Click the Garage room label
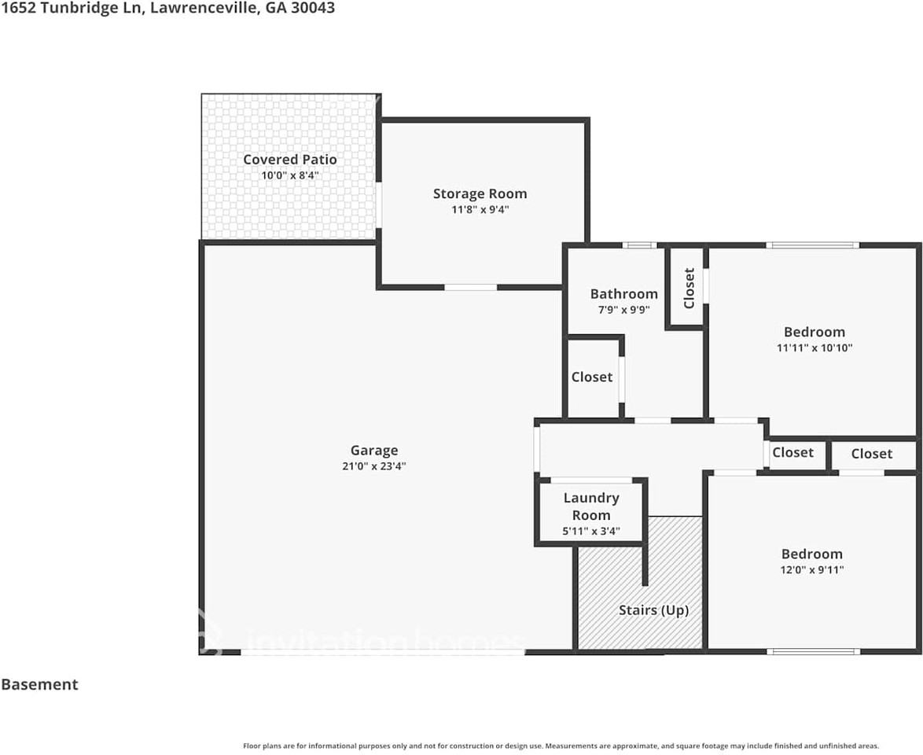tap(374, 451)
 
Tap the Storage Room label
tap(480, 193)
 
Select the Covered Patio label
tap(290, 160)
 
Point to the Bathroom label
tap(624, 294)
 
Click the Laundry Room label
tap(591, 506)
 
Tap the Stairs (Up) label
tap(653, 610)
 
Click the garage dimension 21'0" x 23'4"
tap(374, 466)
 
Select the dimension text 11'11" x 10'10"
tap(815, 348)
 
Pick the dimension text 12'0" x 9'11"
tap(812, 570)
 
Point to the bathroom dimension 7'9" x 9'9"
tap(624, 310)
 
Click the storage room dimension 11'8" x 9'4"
tap(480, 210)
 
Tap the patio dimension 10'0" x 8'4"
tap(290, 175)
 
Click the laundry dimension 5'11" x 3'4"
tap(591, 531)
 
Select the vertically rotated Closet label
tap(689, 288)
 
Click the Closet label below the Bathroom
tap(592, 377)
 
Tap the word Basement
tap(39, 684)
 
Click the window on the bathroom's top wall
tap(640, 245)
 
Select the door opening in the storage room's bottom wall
tap(470, 287)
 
